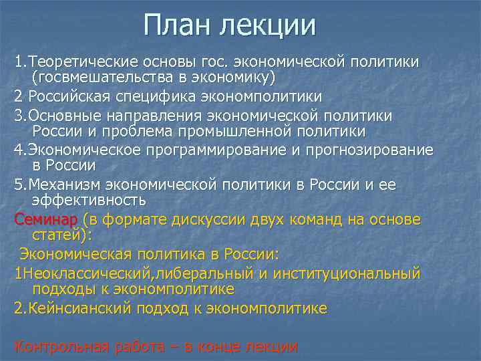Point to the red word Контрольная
click(59, 346)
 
